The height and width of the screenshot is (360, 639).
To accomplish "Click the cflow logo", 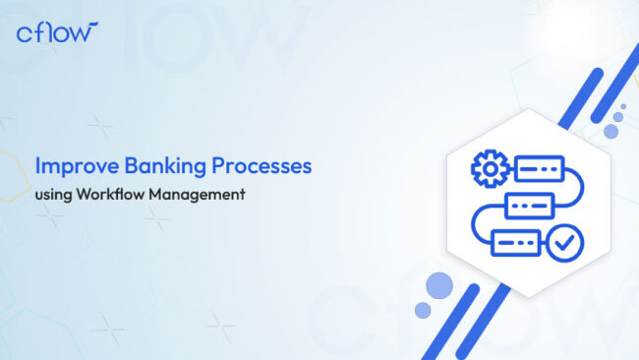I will click(x=57, y=32).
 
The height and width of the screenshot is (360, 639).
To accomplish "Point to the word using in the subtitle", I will click(x=52, y=194).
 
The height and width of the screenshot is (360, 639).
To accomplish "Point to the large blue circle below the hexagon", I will click(x=438, y=286).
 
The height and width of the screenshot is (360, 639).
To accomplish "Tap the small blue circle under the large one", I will click(x=423, y=310).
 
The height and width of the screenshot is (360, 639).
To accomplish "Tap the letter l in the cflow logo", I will click(x=51, y=32).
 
